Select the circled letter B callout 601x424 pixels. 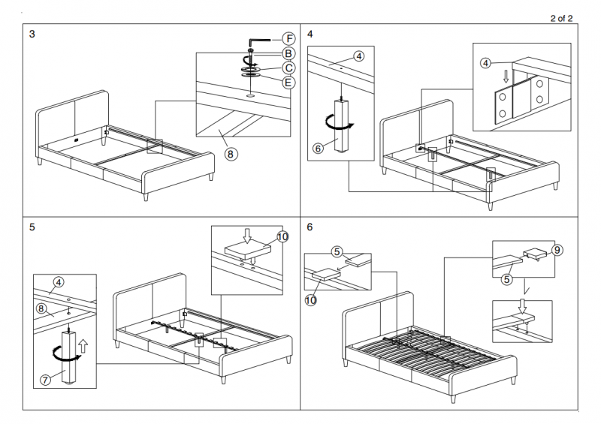pos(288,53)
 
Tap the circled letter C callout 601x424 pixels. pos(288,68)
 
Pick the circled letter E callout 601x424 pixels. pos(288,82)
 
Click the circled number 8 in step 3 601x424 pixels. pos(231,154)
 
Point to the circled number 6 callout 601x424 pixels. pos(318,149)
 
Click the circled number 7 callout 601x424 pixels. pos(45,379)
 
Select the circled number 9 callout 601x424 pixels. pos(557,250)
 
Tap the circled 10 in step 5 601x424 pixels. pos(282,236)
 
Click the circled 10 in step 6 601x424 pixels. pos(311,301)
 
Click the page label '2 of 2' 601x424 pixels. pos(561,19)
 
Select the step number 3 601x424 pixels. pos(32,35)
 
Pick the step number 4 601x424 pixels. pos(310,35)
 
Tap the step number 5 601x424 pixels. pos(32,226)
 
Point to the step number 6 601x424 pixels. pos(310,226)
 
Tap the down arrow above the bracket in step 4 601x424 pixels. pos(505,77)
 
